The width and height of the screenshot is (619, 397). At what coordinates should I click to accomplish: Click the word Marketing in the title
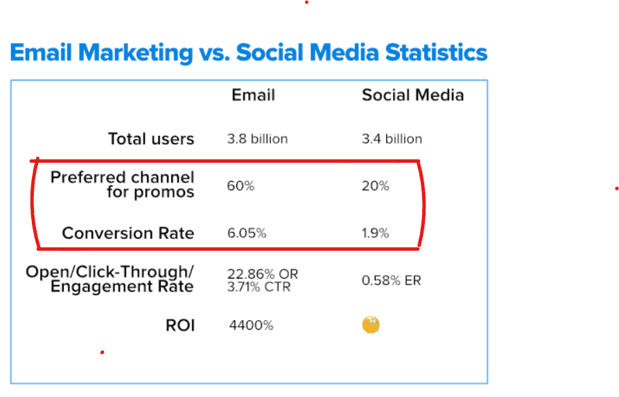click(135, 53)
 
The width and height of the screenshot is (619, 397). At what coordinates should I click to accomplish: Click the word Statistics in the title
click(436, 52)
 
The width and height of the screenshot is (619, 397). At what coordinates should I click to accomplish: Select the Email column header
click(253, 95)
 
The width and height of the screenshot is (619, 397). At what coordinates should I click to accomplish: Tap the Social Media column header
click(412, 95)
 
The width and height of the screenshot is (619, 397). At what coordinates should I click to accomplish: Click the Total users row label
click(151, 139)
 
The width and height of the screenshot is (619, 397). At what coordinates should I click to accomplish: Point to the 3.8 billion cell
click(257, 139)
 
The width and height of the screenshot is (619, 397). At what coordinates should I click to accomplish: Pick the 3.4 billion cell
click(392, 139)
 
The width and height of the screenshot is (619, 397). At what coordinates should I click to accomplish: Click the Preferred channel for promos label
click(123, 184)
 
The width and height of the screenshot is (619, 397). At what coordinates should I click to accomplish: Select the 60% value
click(241, 186)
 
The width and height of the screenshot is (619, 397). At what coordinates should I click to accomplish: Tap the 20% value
click(376, 186)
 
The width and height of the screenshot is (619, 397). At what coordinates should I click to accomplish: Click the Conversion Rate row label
click(128, 233)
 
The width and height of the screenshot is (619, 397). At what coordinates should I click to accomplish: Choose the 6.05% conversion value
click(247, 233)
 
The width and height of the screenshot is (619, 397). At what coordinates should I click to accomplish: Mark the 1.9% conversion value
click(376, 233)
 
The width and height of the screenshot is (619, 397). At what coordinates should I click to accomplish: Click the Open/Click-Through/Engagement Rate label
click(110, 279)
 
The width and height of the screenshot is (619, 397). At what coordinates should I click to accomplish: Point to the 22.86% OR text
click(263, 274)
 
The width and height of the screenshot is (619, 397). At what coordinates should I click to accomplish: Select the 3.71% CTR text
click(259, 287)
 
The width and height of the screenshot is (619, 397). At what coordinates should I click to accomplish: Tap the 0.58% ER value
click(392, 280)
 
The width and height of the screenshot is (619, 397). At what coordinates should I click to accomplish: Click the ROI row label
click(180, 326)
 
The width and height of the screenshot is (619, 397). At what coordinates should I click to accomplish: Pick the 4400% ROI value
click(251, 325)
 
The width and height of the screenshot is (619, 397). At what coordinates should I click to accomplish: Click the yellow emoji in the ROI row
click(371, 325)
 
